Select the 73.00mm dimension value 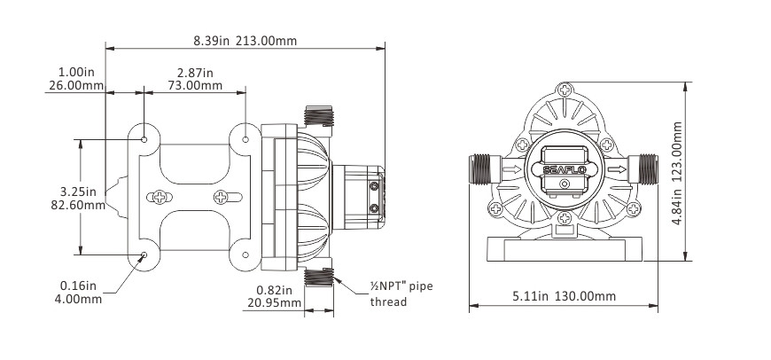194,85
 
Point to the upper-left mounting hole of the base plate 144,138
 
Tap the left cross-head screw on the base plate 160,197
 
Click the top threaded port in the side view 317,116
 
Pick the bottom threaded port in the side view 317,277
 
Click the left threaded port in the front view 481,168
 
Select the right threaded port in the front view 647,168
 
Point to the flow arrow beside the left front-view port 510,168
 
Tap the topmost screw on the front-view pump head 565,90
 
